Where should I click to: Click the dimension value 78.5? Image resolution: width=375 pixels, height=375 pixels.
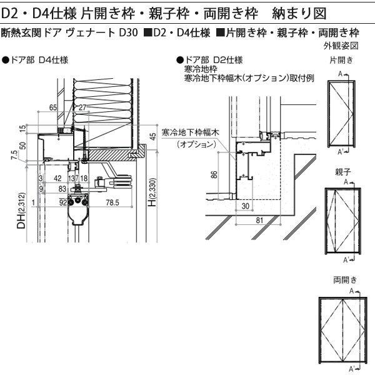pos(112,202)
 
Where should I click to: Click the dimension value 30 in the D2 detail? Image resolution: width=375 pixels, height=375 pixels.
pos(246,206)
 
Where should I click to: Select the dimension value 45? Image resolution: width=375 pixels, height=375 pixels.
pos(153,137)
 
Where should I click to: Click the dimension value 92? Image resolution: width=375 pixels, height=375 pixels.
pos(62,202)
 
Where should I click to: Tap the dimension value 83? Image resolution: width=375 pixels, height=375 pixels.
pos(62,188)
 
